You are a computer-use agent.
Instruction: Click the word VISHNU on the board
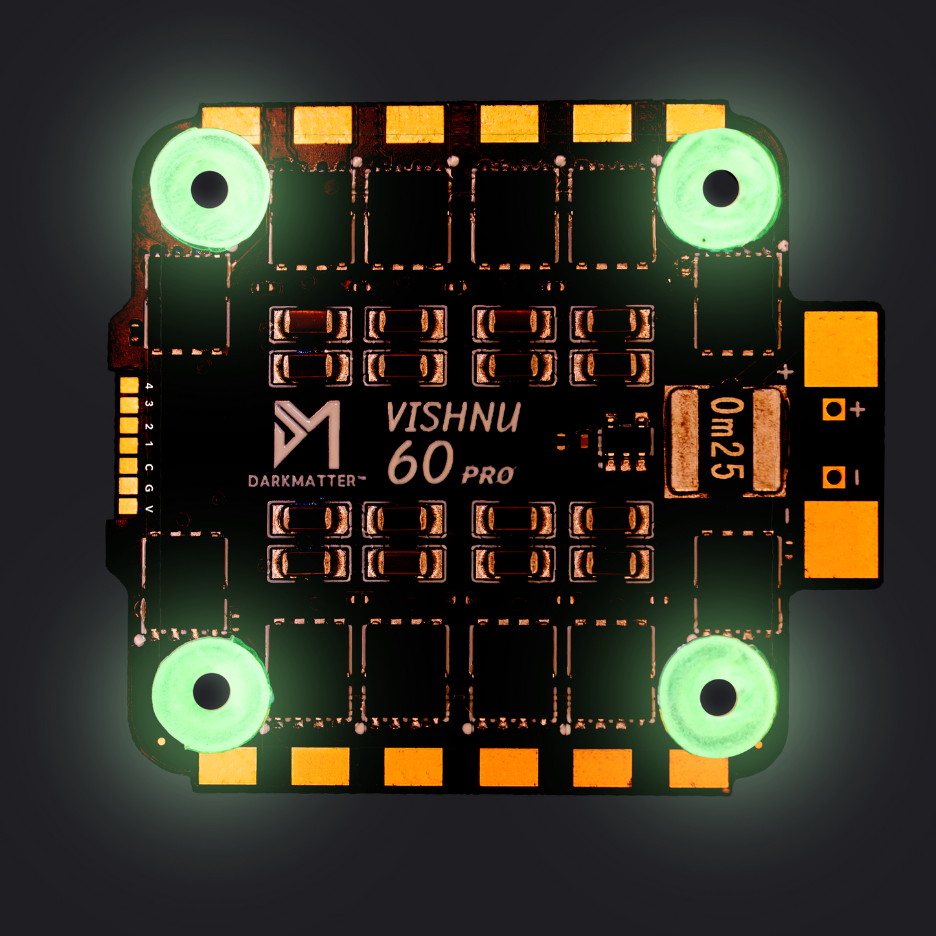click(x=453, y=418)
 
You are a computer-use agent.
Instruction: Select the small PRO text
click(x=488, y=475)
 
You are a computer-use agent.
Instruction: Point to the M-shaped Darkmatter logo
click(x=307, y=435)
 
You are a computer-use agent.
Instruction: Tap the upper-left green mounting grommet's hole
click(x=209, y=188)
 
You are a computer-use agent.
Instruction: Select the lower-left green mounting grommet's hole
click(x=211, y=691)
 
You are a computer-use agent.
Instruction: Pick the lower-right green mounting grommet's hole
click(x=718, y=697)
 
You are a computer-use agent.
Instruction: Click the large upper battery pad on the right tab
click(x=841, y=348)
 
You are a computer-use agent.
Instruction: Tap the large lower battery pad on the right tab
click(x=841, y=540)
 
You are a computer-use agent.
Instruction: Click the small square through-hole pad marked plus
click(x=834, y=409)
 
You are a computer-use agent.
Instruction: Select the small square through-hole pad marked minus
click(x=834, y=477)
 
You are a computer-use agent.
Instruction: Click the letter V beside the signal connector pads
click(x=149, y=509)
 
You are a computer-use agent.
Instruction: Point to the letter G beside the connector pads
click(x=149, y=488)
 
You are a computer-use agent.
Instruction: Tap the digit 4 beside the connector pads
click(x=149, y=386)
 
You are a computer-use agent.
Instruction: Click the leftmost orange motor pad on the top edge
click(x=231, y=123)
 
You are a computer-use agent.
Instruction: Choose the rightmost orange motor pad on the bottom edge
click(x=698, y=768)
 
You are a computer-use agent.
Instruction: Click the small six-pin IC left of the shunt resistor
click(x=626, y=441)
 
